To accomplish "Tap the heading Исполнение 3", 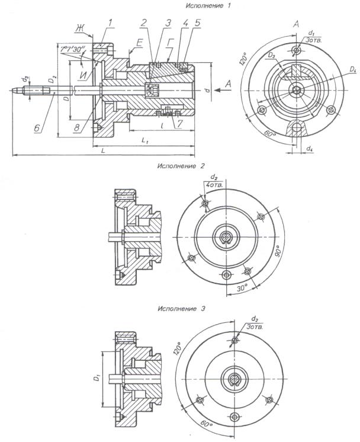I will [181, 309].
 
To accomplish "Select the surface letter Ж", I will [79, 27].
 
